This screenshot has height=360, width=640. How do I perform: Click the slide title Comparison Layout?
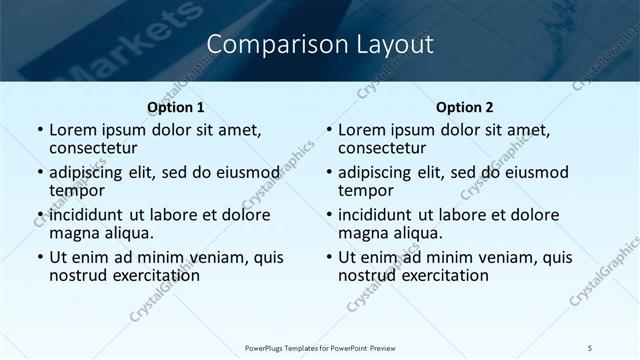[320, 44]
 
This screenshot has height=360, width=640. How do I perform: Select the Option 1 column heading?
[175, 107]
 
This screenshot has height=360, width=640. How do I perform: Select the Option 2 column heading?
[464, 107]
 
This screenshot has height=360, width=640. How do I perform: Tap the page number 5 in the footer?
[590, 347]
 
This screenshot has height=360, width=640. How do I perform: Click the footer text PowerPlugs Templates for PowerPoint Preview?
[320, 347]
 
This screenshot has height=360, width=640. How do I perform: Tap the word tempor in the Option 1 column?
[77, 190]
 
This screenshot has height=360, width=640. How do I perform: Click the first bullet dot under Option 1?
[40, 130]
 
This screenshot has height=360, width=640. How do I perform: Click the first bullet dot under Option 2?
[329, 130]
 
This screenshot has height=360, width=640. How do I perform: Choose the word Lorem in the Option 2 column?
[362, 129]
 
